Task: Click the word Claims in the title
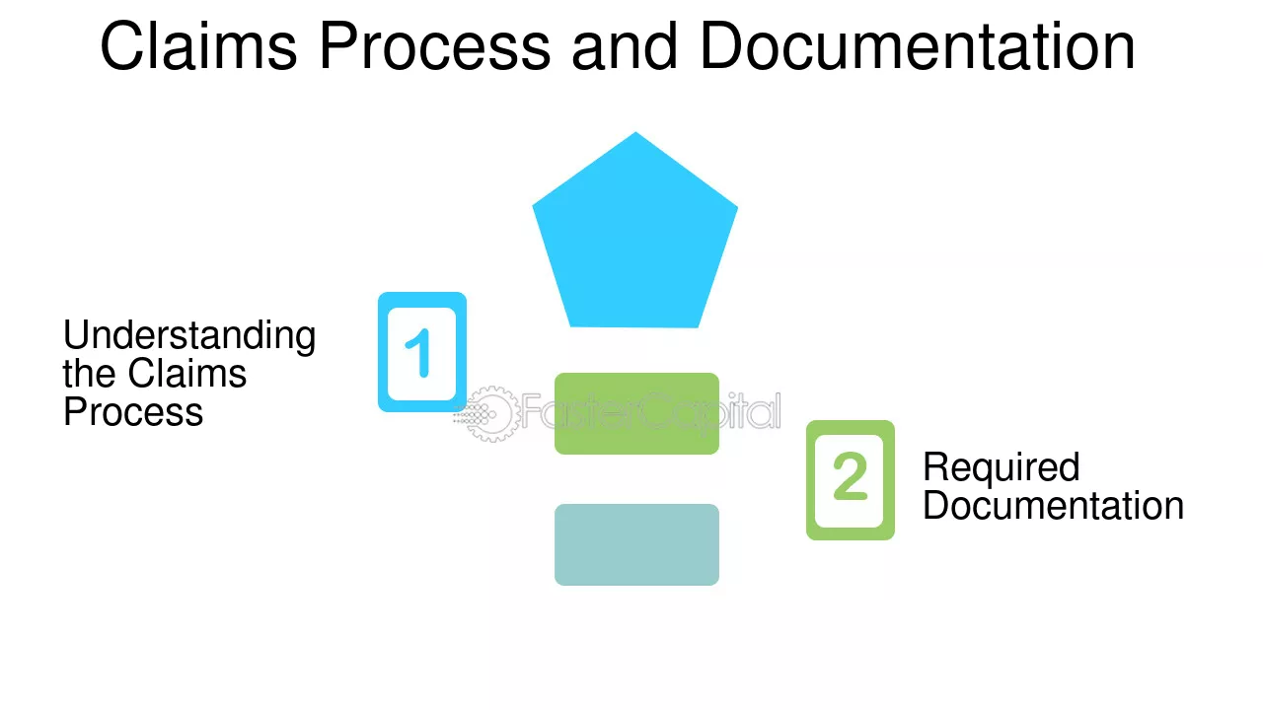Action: pos(198,45)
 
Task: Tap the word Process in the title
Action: pos(435,45)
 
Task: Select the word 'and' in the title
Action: pos(625,45)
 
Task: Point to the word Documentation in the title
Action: pos(918,45)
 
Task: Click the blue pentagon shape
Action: pos(635,237)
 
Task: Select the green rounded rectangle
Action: pos(636,413)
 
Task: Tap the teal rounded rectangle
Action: pos(636,544)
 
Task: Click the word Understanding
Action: pos(189,336)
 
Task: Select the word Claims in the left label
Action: pos(187,373)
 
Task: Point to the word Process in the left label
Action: pos(133,412)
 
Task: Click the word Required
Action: pos(1002,467)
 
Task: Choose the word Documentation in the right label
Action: pos(1053,505)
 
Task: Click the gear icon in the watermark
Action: pos(488,414)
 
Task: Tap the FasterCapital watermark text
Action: pos(651,411)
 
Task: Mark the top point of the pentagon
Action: pos(636,132)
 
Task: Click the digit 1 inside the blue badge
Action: pos(419,353)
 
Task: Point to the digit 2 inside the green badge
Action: pos(850,476)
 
